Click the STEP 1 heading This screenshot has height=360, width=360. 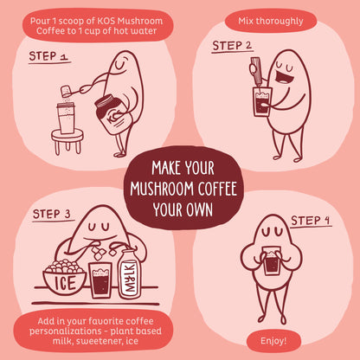(x=49, y=56)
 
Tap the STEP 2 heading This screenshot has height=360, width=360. (x=232, y=46)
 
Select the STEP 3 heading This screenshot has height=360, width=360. (x=52, y=215)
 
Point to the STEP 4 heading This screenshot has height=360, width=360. (x=310, y=221)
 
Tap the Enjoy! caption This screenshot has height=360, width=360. (x=273, y=341)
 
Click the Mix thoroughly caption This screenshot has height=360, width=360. (x=271, y=21)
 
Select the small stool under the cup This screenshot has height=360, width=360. (x=67, y=141)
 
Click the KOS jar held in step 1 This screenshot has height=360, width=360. (x=111, y=114)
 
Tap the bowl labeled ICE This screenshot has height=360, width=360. (x=65, y=278)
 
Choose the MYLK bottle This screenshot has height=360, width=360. (x=129, y=274)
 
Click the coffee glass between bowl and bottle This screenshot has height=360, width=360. (x=100, y=280)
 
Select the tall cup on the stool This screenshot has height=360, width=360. (x=67, y=119)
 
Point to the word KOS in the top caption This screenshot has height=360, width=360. (x=106, y=21)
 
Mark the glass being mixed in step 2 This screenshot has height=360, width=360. (x=262, y=101)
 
